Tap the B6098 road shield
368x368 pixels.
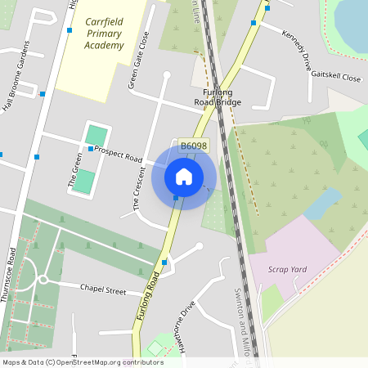[194, 146]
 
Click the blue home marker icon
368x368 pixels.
[184, 176]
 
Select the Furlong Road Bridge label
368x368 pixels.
[218, 96]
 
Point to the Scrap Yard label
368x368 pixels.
[288, 268]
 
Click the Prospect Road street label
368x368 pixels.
[119, 154]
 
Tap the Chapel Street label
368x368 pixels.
[103, 289]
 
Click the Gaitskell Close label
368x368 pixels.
[335, 77]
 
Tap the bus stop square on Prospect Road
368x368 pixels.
[90, 149]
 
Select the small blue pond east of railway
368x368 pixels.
[322, 203]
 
